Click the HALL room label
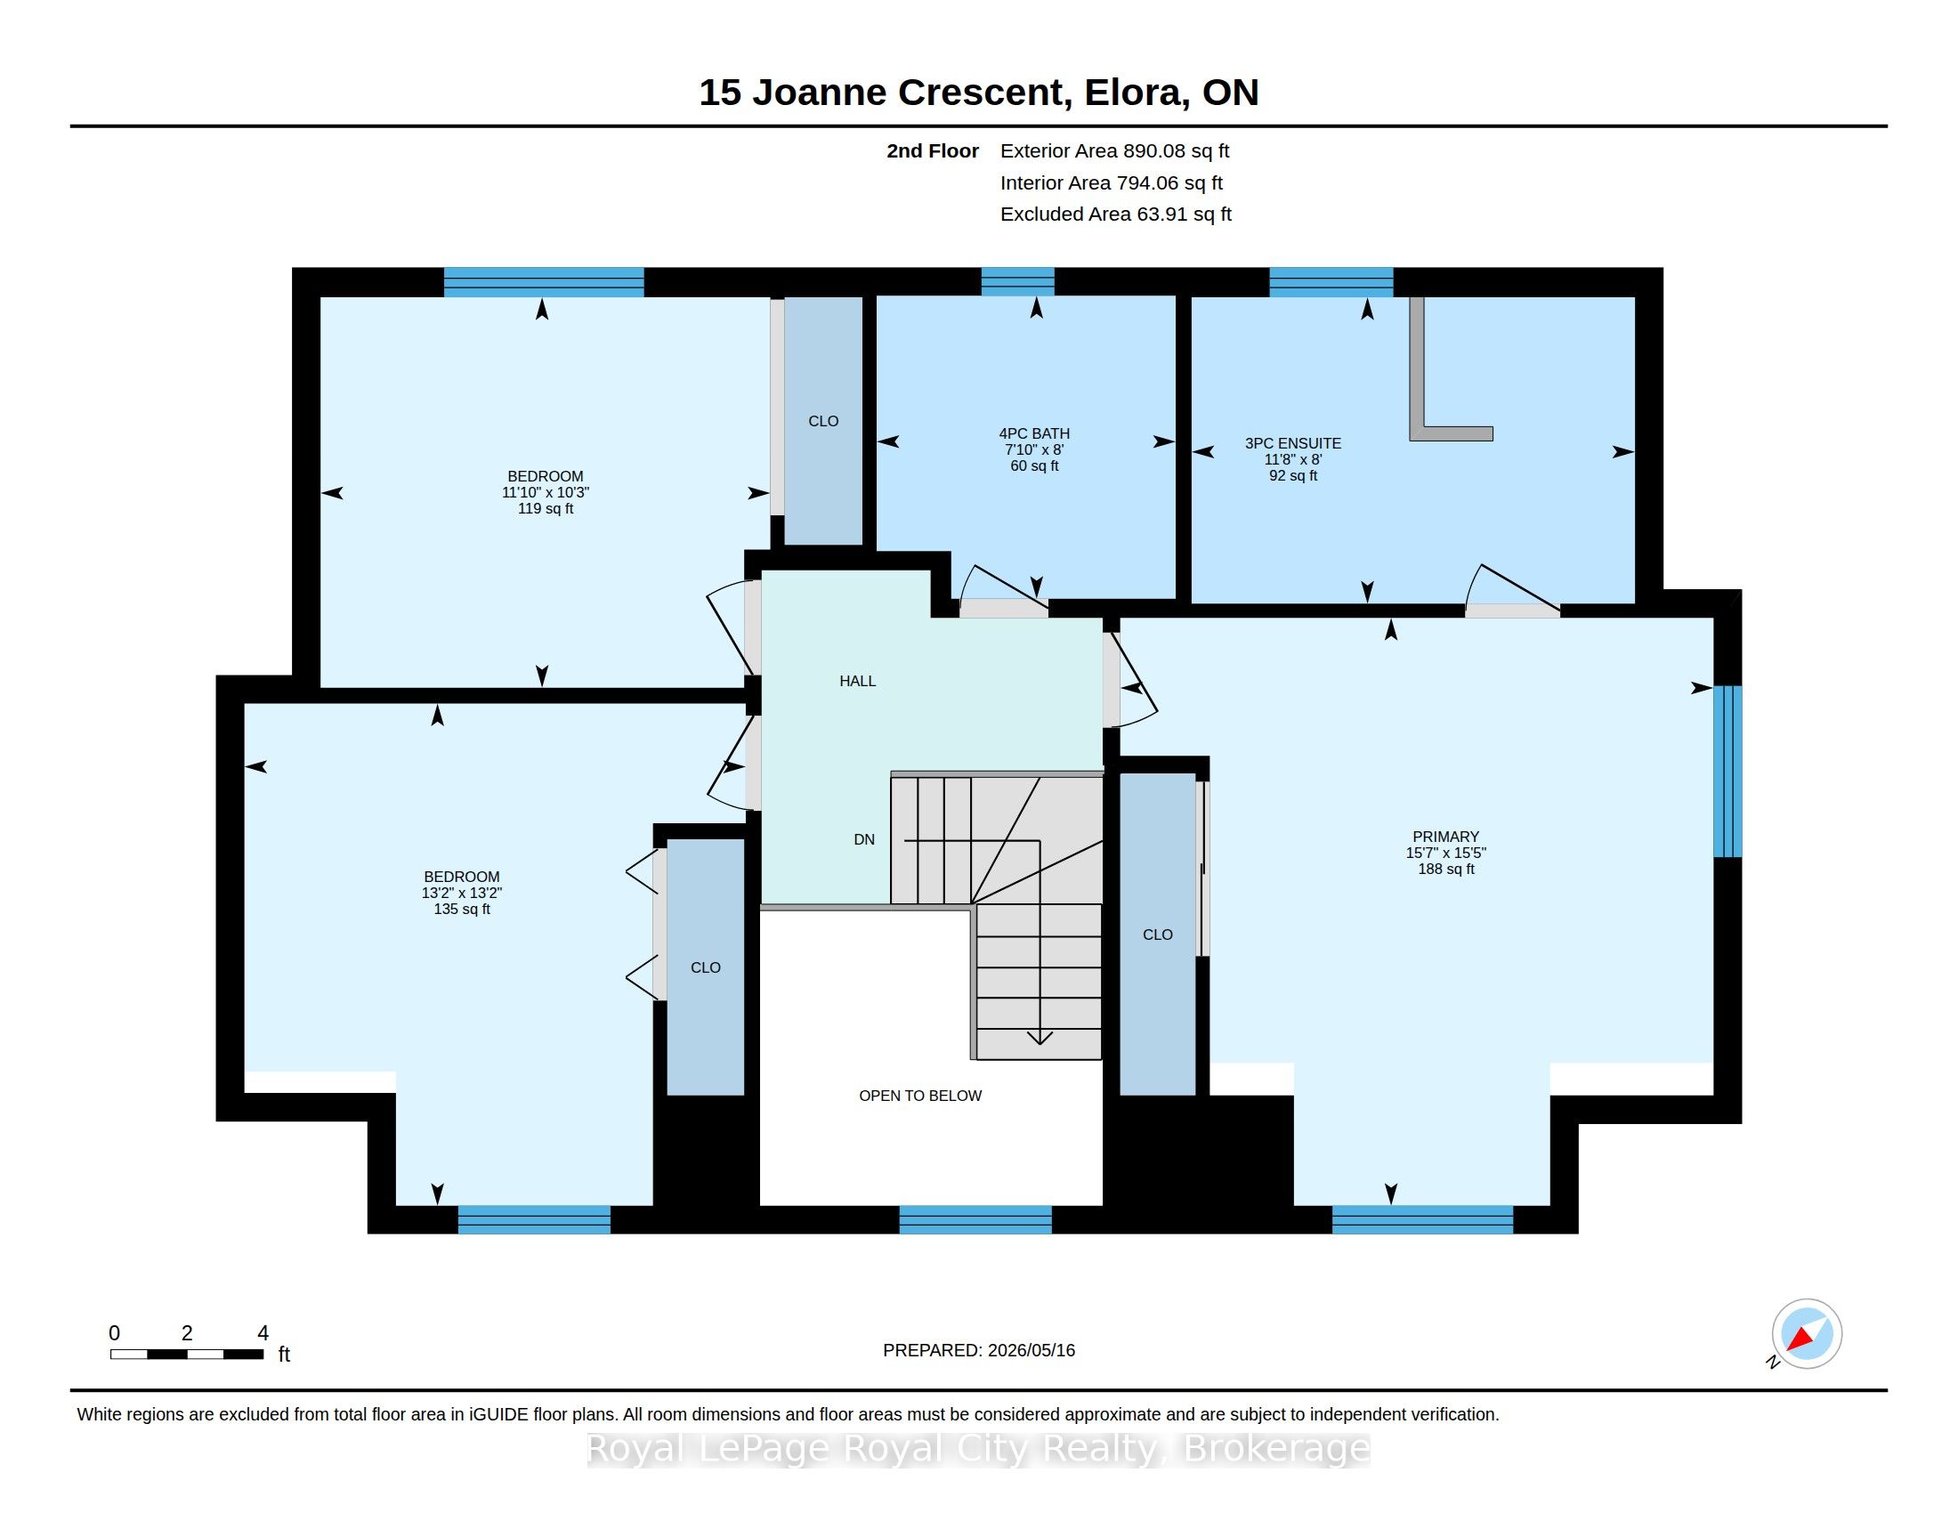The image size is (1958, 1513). (x=857, y=681)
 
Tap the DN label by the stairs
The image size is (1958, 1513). (x=864, y=840)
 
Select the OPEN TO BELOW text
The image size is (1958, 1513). (x=920, y=1096)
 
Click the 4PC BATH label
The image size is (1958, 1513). (x=1034, y=433)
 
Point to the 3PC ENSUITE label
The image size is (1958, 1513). (x=1293, y=444)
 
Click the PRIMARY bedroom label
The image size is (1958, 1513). (x=1446, y=837)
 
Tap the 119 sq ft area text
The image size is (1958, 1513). (x=545, y=508)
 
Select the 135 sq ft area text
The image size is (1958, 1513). (x=462, y=909)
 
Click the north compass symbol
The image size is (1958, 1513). (x=1806, y=1334)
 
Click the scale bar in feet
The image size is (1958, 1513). (x=188, y=1354)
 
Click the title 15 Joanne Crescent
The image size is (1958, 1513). (x=882, y=93)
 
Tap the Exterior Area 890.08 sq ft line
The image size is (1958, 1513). (x=1114, y=151)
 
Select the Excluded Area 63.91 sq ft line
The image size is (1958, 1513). (x=1116, y=214)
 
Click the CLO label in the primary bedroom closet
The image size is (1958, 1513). (x=1157, y=934)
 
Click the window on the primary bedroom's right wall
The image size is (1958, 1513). (x=1727, y=772)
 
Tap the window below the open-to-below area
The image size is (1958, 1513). (x=975, y=1220)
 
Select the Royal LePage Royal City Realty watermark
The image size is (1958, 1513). (x=978, y=1448)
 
